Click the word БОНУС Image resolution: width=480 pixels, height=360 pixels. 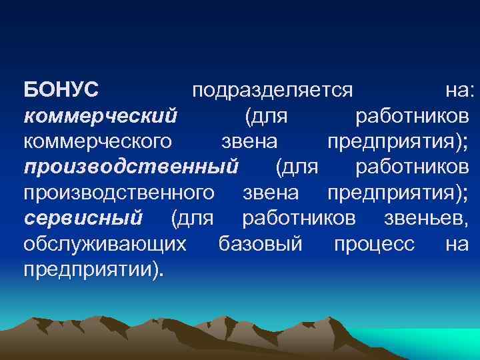point(61,90)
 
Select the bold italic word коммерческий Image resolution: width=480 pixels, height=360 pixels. point(101,117)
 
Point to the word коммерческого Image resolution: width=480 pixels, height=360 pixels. point(99,142)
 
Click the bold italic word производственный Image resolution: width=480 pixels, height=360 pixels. point(131,167)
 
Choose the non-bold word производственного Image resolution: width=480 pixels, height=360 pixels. point(119,193)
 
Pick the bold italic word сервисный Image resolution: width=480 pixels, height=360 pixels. point(83,218)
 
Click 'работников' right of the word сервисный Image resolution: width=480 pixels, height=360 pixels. point(299,218)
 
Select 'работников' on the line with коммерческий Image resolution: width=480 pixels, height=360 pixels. point(413,117)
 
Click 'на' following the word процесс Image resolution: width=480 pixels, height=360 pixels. point(457,244)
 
